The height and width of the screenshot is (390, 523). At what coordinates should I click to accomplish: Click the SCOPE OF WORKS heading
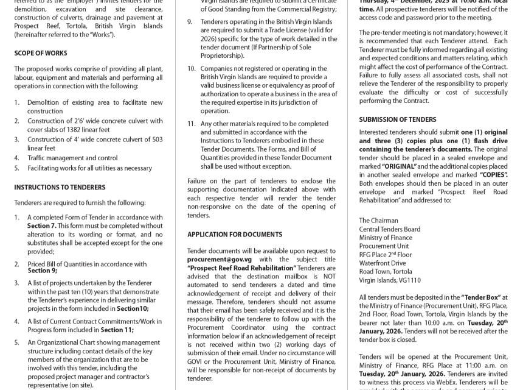point(40,54)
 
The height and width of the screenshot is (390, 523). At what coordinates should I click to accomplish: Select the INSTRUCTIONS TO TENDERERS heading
point(60,187)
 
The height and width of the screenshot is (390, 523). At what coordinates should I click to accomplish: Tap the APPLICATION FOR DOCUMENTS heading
point(234,234)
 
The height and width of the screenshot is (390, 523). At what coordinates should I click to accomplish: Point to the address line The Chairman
point(378,221)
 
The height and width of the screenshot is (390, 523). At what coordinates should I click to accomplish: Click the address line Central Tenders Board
point(389,229)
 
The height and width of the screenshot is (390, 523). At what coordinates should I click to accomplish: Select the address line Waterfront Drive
point(382,263)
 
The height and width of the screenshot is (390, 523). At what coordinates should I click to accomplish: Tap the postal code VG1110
point(408,280)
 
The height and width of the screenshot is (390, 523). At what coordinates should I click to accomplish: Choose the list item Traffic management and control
point(72,157)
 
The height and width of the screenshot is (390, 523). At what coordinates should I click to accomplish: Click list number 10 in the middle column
point(191,68)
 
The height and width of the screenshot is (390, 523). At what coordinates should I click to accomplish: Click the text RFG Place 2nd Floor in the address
point(386,255)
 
